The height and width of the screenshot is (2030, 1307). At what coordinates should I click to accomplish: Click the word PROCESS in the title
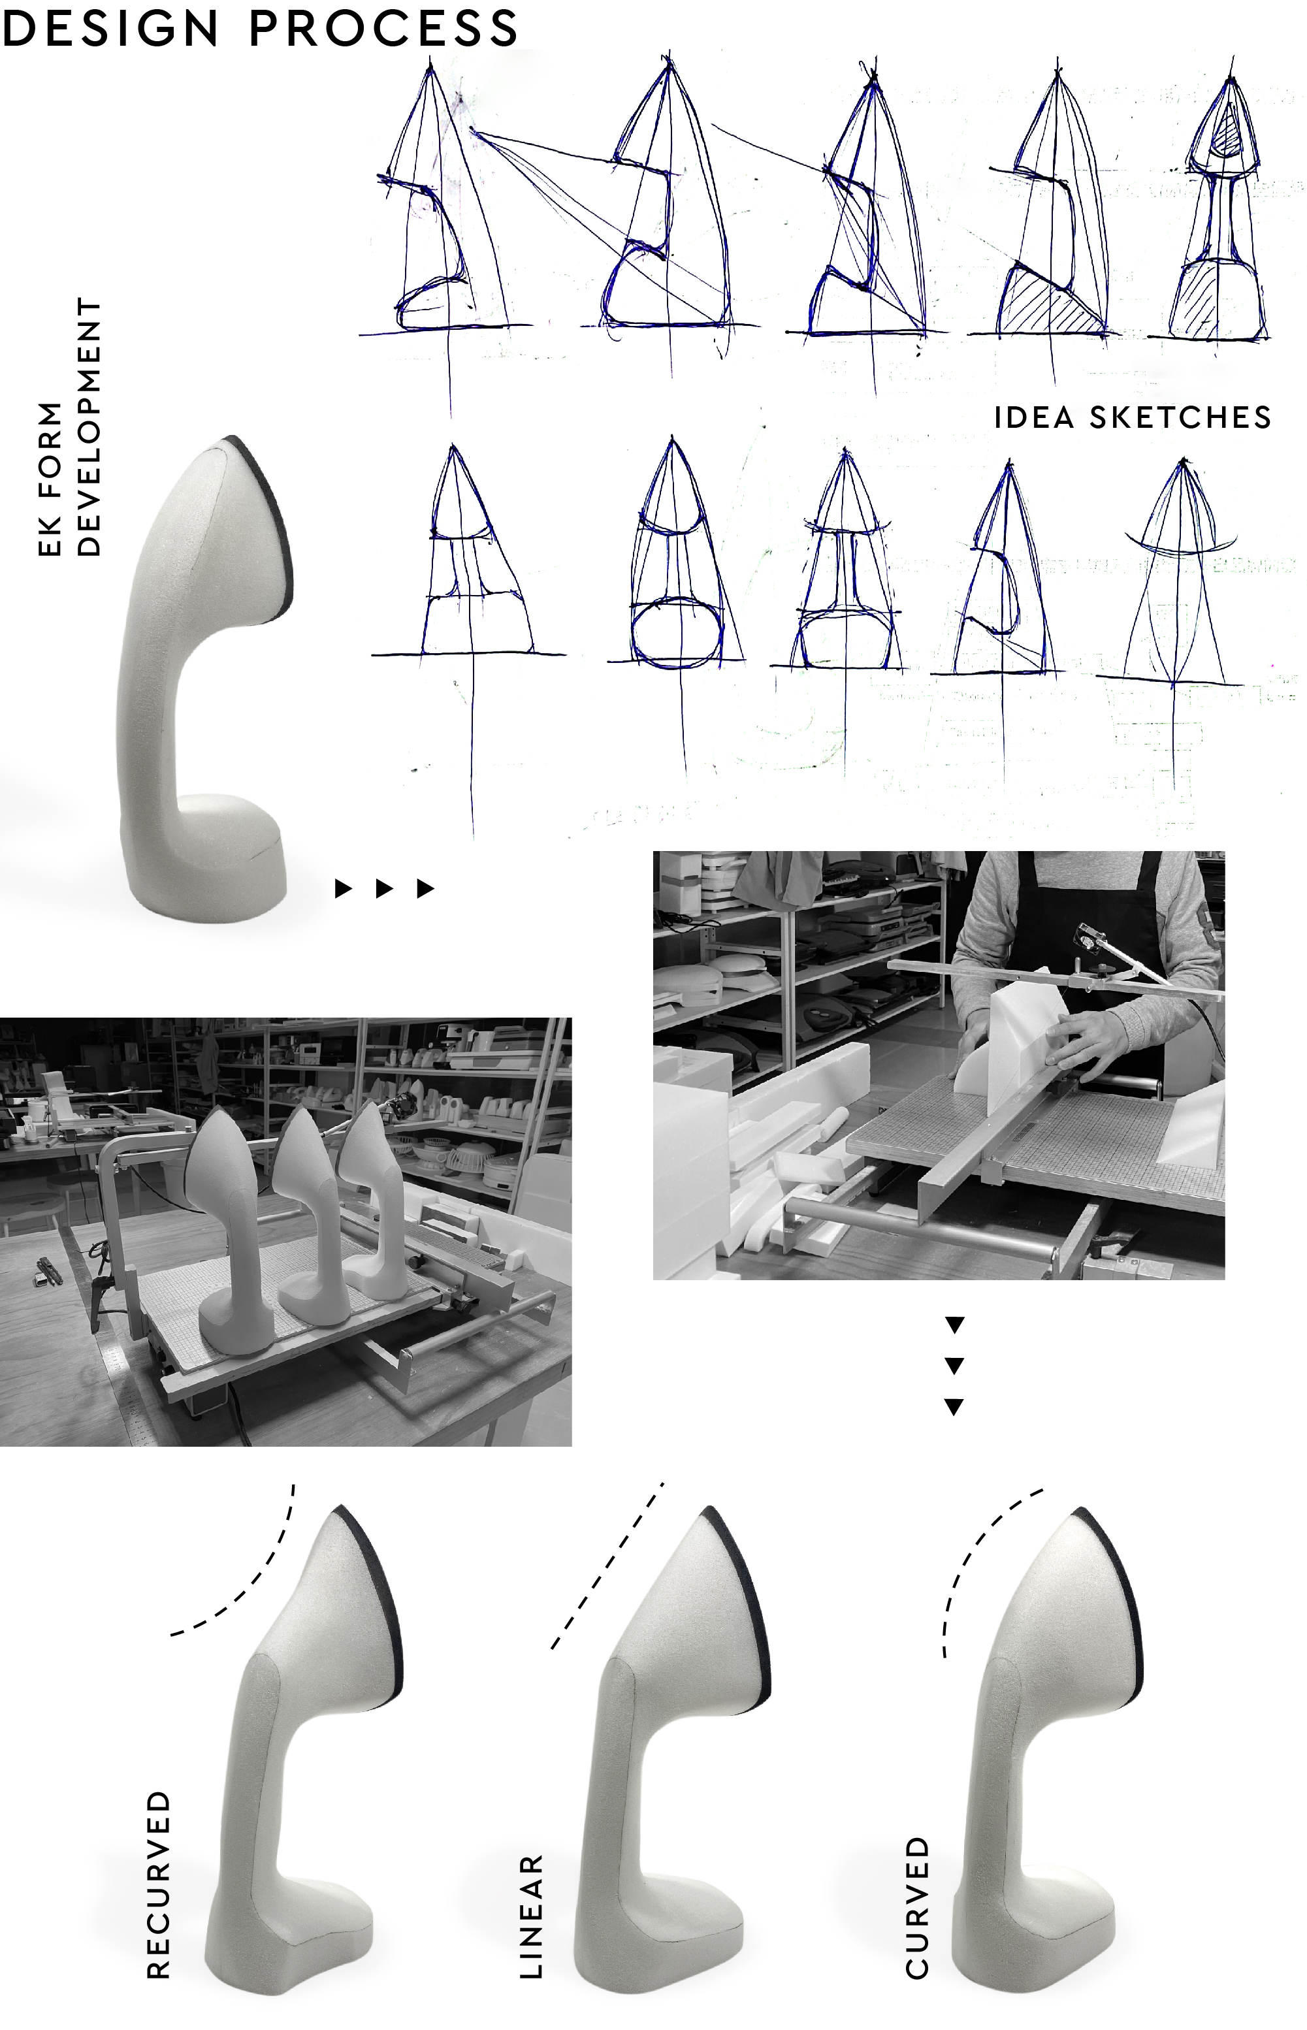click(383, 27)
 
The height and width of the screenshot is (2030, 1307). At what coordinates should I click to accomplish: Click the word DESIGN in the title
click(110, 27)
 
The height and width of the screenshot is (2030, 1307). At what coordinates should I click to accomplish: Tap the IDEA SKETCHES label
click(1132, 417)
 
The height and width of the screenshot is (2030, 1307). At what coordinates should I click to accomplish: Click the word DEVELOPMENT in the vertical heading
click(88, 427)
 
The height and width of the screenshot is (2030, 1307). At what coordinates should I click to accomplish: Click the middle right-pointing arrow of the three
click(383, 888)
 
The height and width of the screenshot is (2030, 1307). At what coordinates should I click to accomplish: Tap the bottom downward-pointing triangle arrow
click(954, 1407)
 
